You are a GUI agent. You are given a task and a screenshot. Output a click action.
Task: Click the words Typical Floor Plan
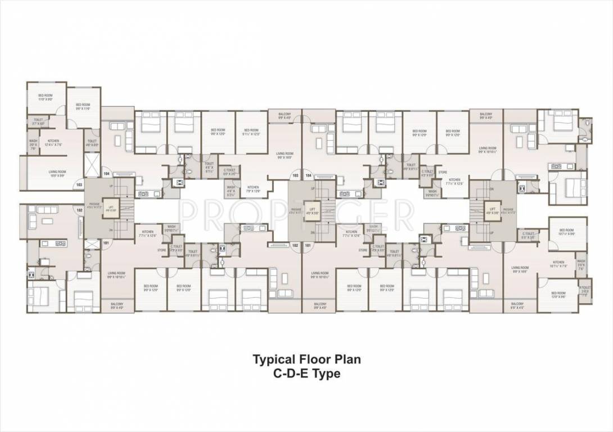click(x=306, y=359)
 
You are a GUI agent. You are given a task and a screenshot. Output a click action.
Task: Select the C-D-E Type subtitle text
click(x=306, y=373)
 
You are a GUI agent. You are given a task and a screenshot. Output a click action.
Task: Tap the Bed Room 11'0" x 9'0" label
click(x=45, y=97)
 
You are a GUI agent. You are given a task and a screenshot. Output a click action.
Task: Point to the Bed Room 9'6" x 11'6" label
click(x=83, y=106)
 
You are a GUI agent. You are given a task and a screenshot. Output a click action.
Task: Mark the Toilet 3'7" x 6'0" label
click(x=38, y=121)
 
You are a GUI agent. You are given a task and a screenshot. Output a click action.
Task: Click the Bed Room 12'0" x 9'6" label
click(x=558, y=294)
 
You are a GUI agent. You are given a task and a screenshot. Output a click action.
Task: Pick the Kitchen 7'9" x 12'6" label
click(x=253, y=188)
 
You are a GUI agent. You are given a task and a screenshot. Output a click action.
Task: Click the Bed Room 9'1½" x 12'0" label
click(x=251, y=132)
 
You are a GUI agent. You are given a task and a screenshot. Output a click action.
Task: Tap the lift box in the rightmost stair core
click(x=493, y=210)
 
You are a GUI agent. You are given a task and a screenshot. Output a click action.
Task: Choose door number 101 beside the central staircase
click(x=308, y=245)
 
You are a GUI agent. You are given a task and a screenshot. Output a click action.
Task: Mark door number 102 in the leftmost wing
click(x=79, y=209)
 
